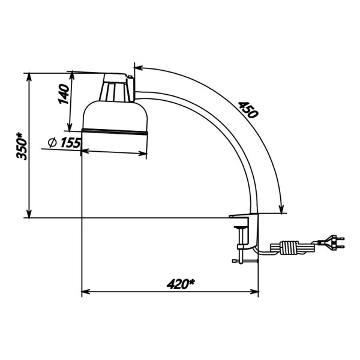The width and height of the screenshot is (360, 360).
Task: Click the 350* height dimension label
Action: [22, 146]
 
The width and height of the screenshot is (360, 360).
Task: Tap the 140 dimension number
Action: [64, 94]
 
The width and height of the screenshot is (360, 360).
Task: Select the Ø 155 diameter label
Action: [64, 143]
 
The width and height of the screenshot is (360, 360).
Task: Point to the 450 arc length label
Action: [248, 110]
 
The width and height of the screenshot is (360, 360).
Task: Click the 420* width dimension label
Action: [180, 284]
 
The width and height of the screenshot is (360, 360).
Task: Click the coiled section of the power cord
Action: [290, 247]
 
